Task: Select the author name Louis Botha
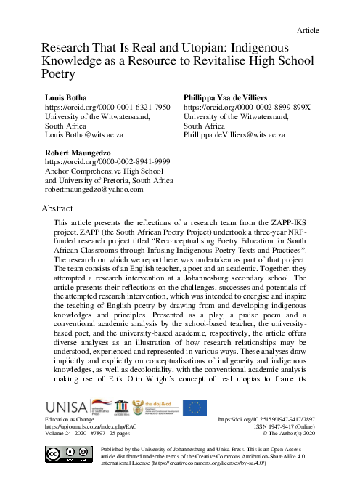tap(57, 97)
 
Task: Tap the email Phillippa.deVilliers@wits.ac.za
tap(234, 135)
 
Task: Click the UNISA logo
tap(66, 408)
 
